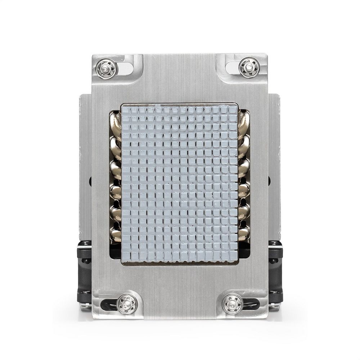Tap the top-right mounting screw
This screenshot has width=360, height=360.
[249, 67]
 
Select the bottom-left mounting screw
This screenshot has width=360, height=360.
[127, 303]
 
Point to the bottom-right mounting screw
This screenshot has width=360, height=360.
[233, 303]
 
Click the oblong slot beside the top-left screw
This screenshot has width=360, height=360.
[125, 68]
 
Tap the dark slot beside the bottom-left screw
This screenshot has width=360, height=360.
[108, 305]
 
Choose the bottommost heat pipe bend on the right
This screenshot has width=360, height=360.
[244, 233]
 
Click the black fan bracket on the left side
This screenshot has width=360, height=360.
[84, 270]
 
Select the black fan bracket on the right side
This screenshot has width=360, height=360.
[275, 270]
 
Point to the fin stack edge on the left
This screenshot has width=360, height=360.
[85, 162]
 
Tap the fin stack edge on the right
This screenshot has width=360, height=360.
[274, 162]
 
